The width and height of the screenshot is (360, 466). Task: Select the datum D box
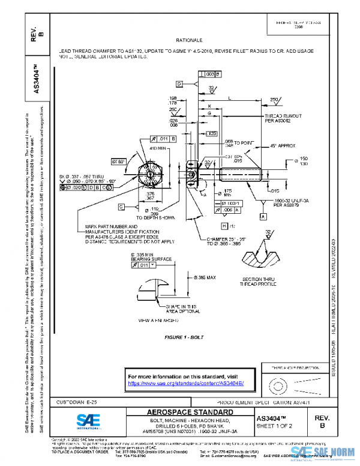pos(179,83)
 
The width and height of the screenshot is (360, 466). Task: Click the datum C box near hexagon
pos(121,207)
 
